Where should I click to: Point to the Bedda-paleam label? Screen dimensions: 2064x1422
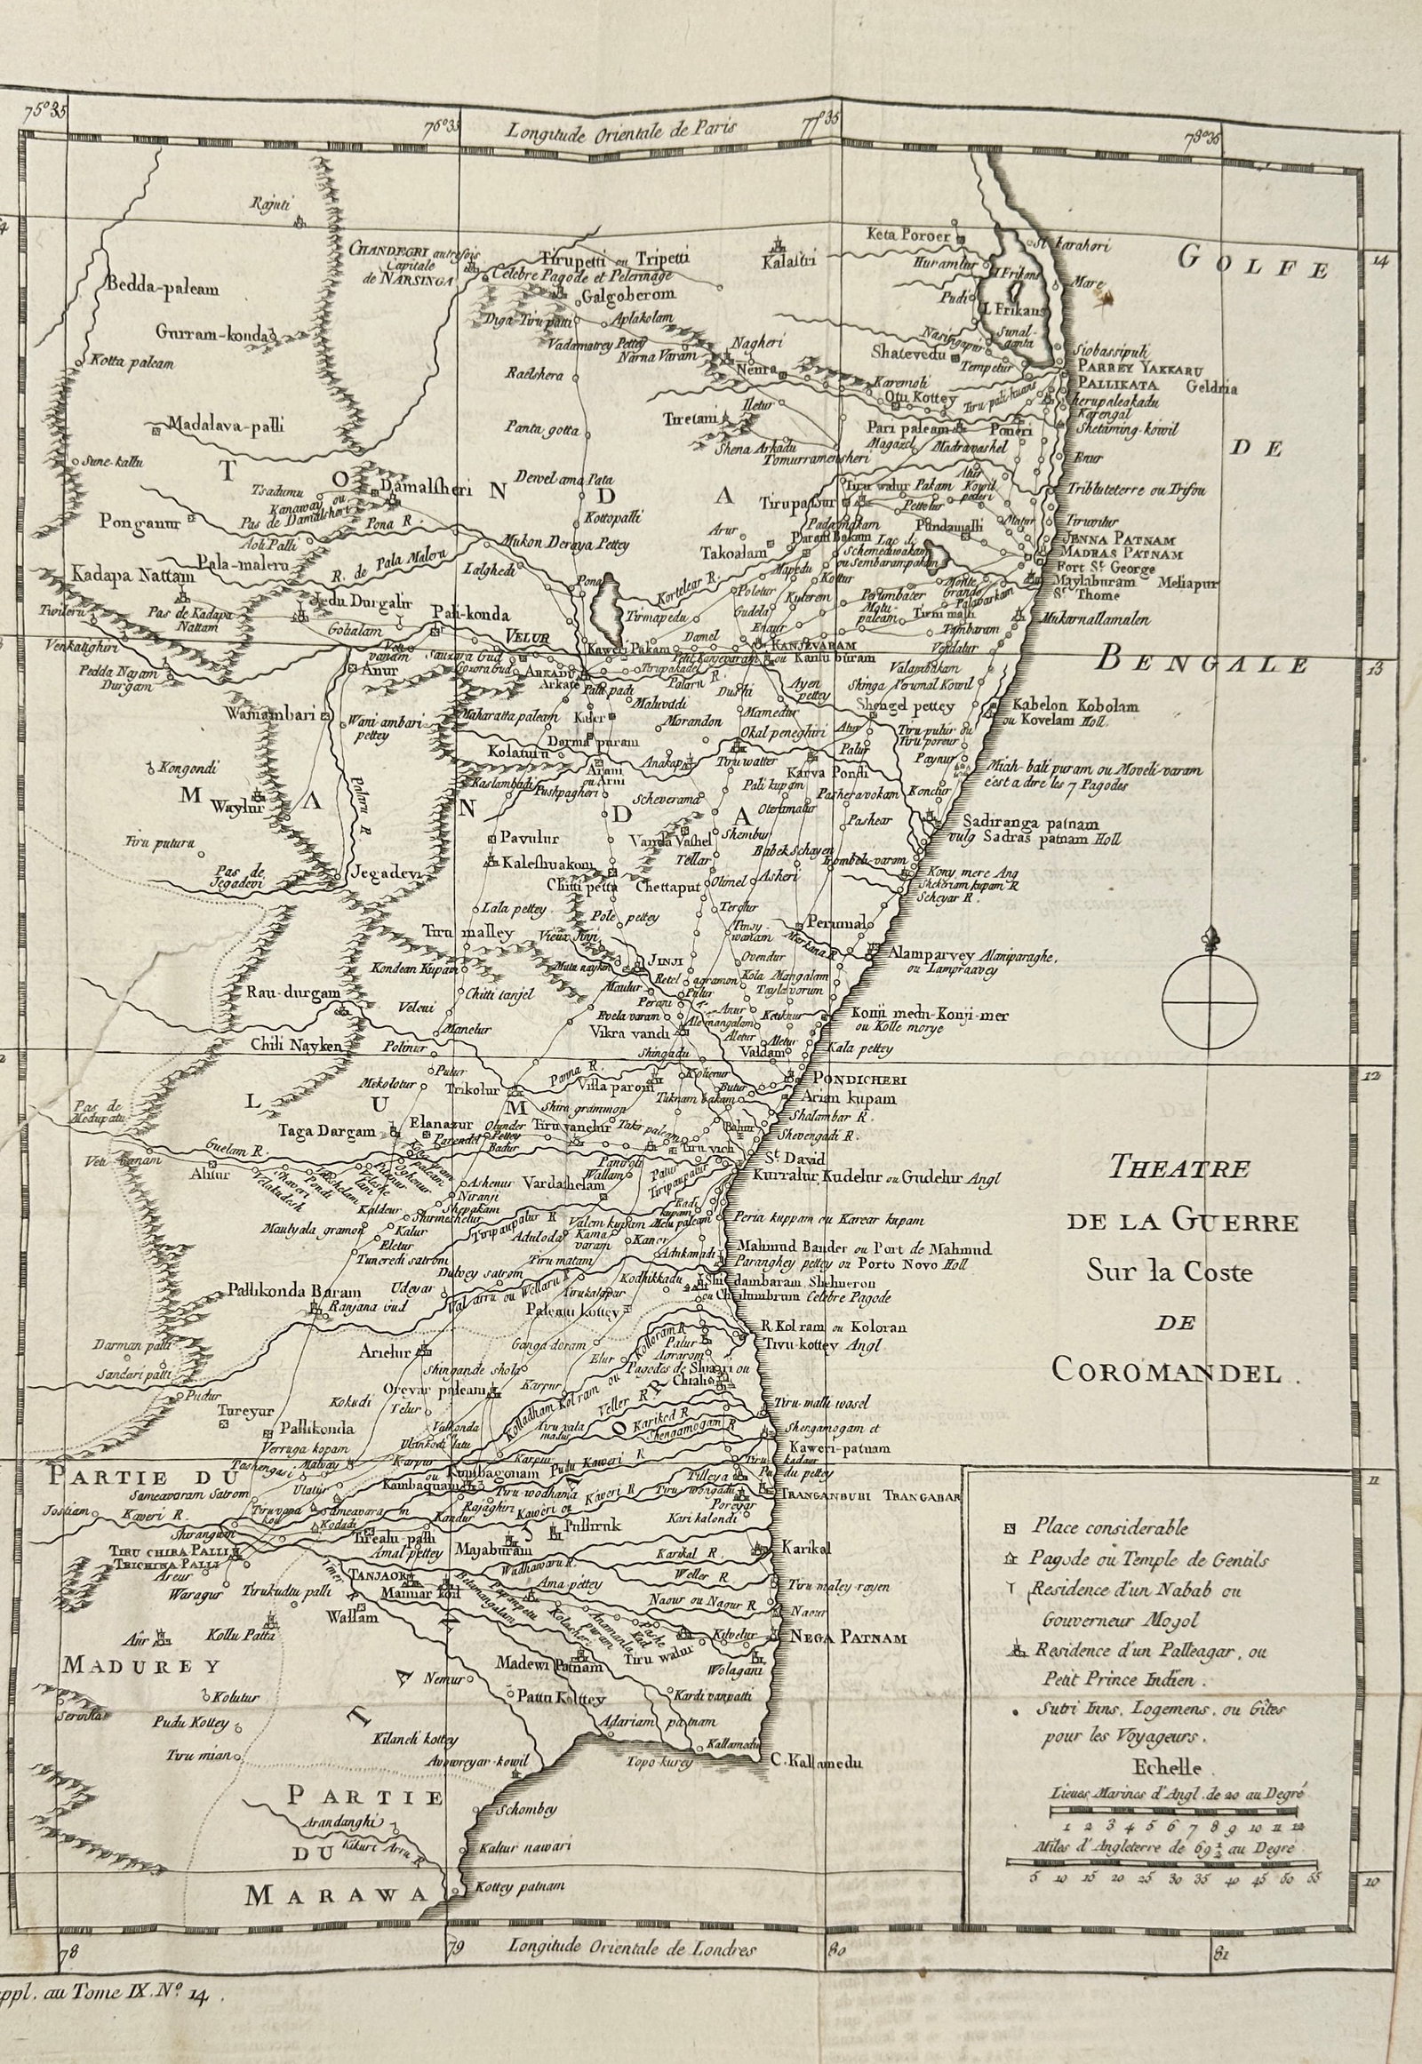coord(164,289)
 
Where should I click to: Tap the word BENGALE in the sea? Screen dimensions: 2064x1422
coord(1202,664)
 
